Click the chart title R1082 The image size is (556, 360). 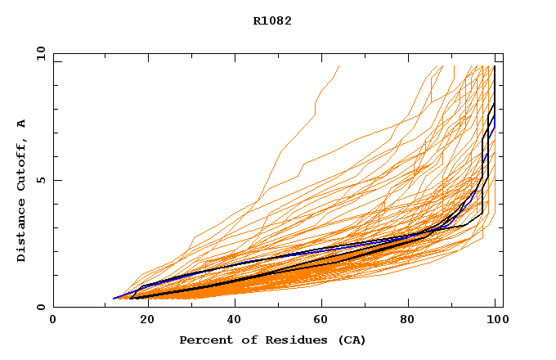(x=272, y=20)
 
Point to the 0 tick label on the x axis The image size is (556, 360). (x=53, y=320)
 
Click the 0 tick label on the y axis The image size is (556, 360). (x=42, y=308)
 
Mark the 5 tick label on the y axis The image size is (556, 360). (x=42, y=180)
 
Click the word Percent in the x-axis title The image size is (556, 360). (x=204, y=340)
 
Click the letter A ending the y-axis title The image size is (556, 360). (x=21, y=124)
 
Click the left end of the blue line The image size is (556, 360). (x=114, y=299)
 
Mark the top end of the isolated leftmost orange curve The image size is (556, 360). (x=339, y=66)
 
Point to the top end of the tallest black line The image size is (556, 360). (x=495, y=66)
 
